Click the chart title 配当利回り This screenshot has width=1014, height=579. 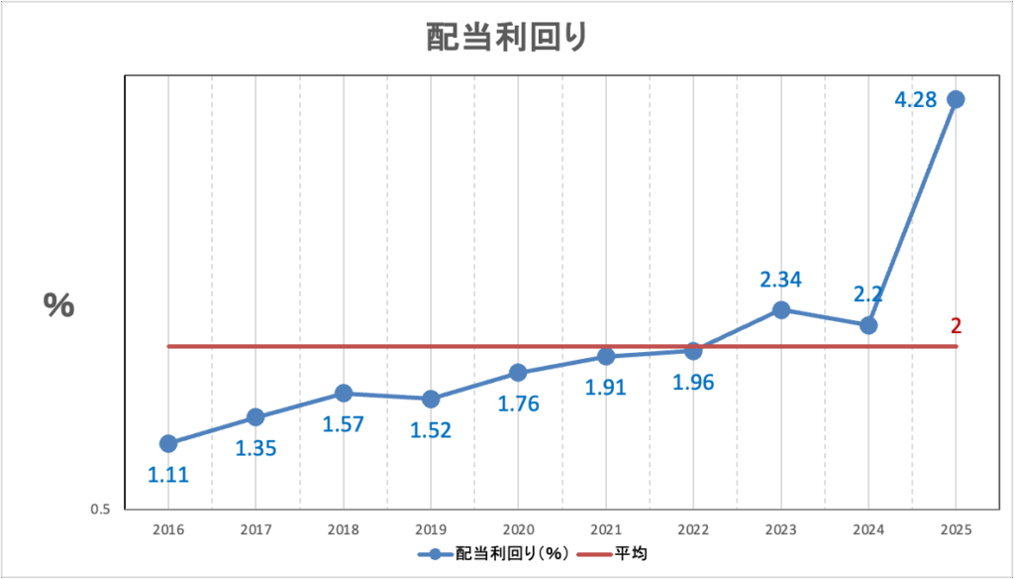507,37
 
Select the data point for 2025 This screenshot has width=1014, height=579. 956,99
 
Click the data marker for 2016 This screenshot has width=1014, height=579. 168,443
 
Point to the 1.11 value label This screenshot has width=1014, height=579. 168,475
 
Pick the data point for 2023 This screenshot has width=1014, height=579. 780,310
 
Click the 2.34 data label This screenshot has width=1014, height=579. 780,280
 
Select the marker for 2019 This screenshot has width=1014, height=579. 431,400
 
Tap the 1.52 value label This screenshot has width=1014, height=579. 431,431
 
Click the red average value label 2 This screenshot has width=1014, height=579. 956,325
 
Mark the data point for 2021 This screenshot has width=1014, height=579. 606,356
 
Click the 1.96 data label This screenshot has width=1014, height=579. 693,382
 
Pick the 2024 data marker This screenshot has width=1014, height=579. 868,325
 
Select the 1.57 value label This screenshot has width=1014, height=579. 344,424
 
